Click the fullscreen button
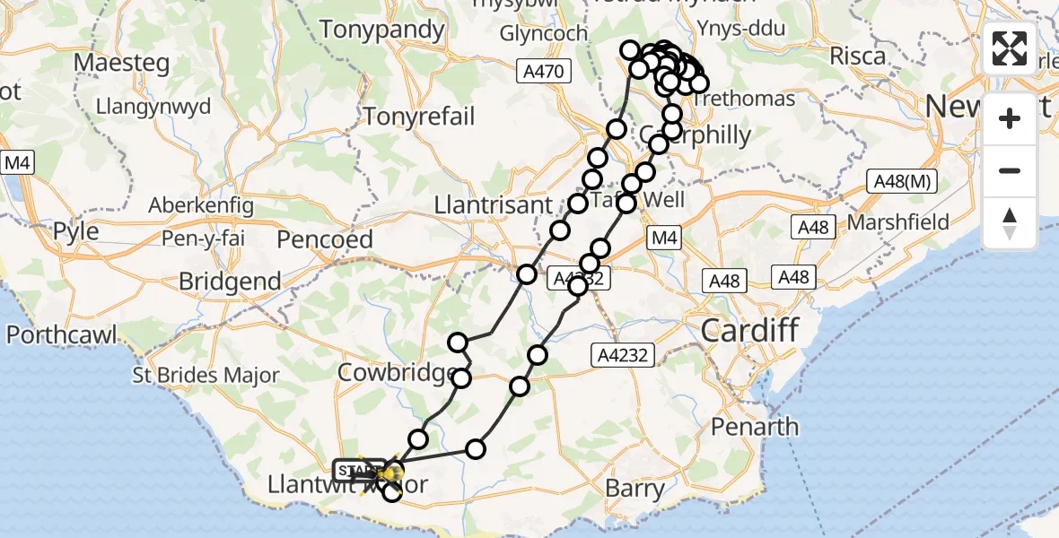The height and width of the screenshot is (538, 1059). pos(1010,48)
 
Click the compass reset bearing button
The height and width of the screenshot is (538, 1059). pos(1010,223)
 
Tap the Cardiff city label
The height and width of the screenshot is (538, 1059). pos(748,330)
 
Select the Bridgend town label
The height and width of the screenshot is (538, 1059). pos(230,282)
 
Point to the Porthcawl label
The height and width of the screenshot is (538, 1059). pos(62,335)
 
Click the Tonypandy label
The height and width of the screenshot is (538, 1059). pos(382,30)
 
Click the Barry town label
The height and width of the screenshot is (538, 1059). pos(635,489)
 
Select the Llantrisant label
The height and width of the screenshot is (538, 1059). pos(493,205)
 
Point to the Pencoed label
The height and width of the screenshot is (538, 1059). pos(325,239)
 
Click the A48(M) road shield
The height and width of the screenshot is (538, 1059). pos(904,182)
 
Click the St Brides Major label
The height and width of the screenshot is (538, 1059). pos(206,376)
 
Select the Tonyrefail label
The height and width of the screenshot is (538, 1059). pos(419,117)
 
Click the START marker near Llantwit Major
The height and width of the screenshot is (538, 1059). pos(358,470)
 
